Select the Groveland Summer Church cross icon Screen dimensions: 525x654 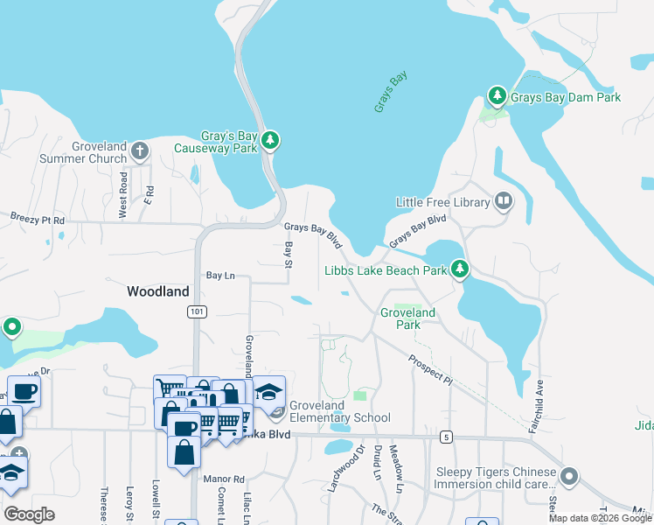pos(139,150)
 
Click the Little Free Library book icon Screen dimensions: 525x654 pos(504,202)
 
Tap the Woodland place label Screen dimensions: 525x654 pos(158,291)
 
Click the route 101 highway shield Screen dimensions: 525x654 pos(194,311)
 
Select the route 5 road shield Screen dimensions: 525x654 pos(446,437)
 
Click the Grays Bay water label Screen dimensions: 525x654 pos(391,92)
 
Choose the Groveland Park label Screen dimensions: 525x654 pos(407,318)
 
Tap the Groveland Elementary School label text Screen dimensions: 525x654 pos(340,412)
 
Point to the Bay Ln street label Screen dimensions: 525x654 pos(221,276)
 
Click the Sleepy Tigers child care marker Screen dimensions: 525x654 pos(570,477)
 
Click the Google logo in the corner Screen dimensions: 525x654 pos(29,514)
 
